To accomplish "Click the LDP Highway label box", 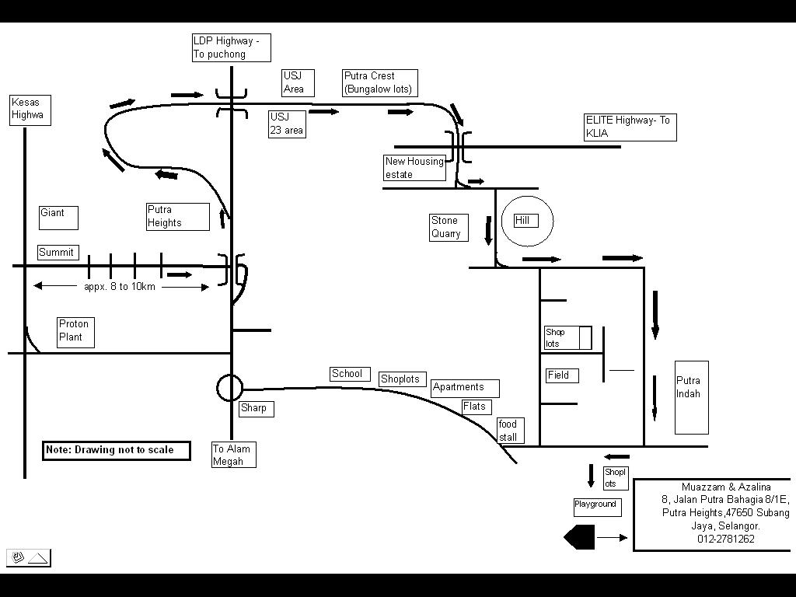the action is click(x=232, y=47).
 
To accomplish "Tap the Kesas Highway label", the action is click(x=30, y=110).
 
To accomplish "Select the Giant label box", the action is click(x=59, y=218).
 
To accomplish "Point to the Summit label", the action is click(x=58, y=253).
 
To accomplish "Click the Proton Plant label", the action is click(x=75, y=332).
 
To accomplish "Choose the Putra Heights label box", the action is click(x=178, y=217).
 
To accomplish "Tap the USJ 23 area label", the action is click(x=287, y=124).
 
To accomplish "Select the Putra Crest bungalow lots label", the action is click(x=380, y=82).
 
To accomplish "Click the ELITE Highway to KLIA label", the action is click(x=630, y=127).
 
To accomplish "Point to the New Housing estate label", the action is click(x=415, y=168).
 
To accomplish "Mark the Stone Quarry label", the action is click(x=449, y=228).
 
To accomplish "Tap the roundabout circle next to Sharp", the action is click(x=230, y=375).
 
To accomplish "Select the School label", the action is click(x=351, y=374).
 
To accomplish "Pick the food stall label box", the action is click(x=511, y=431).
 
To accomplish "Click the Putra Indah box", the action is click(x=691, y=397).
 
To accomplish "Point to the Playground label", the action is click(x=598, y=507).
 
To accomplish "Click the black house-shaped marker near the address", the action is click(x=579, y=537).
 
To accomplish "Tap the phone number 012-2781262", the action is click(x=726, y=539).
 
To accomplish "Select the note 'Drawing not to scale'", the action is click(x=117, y=451).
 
